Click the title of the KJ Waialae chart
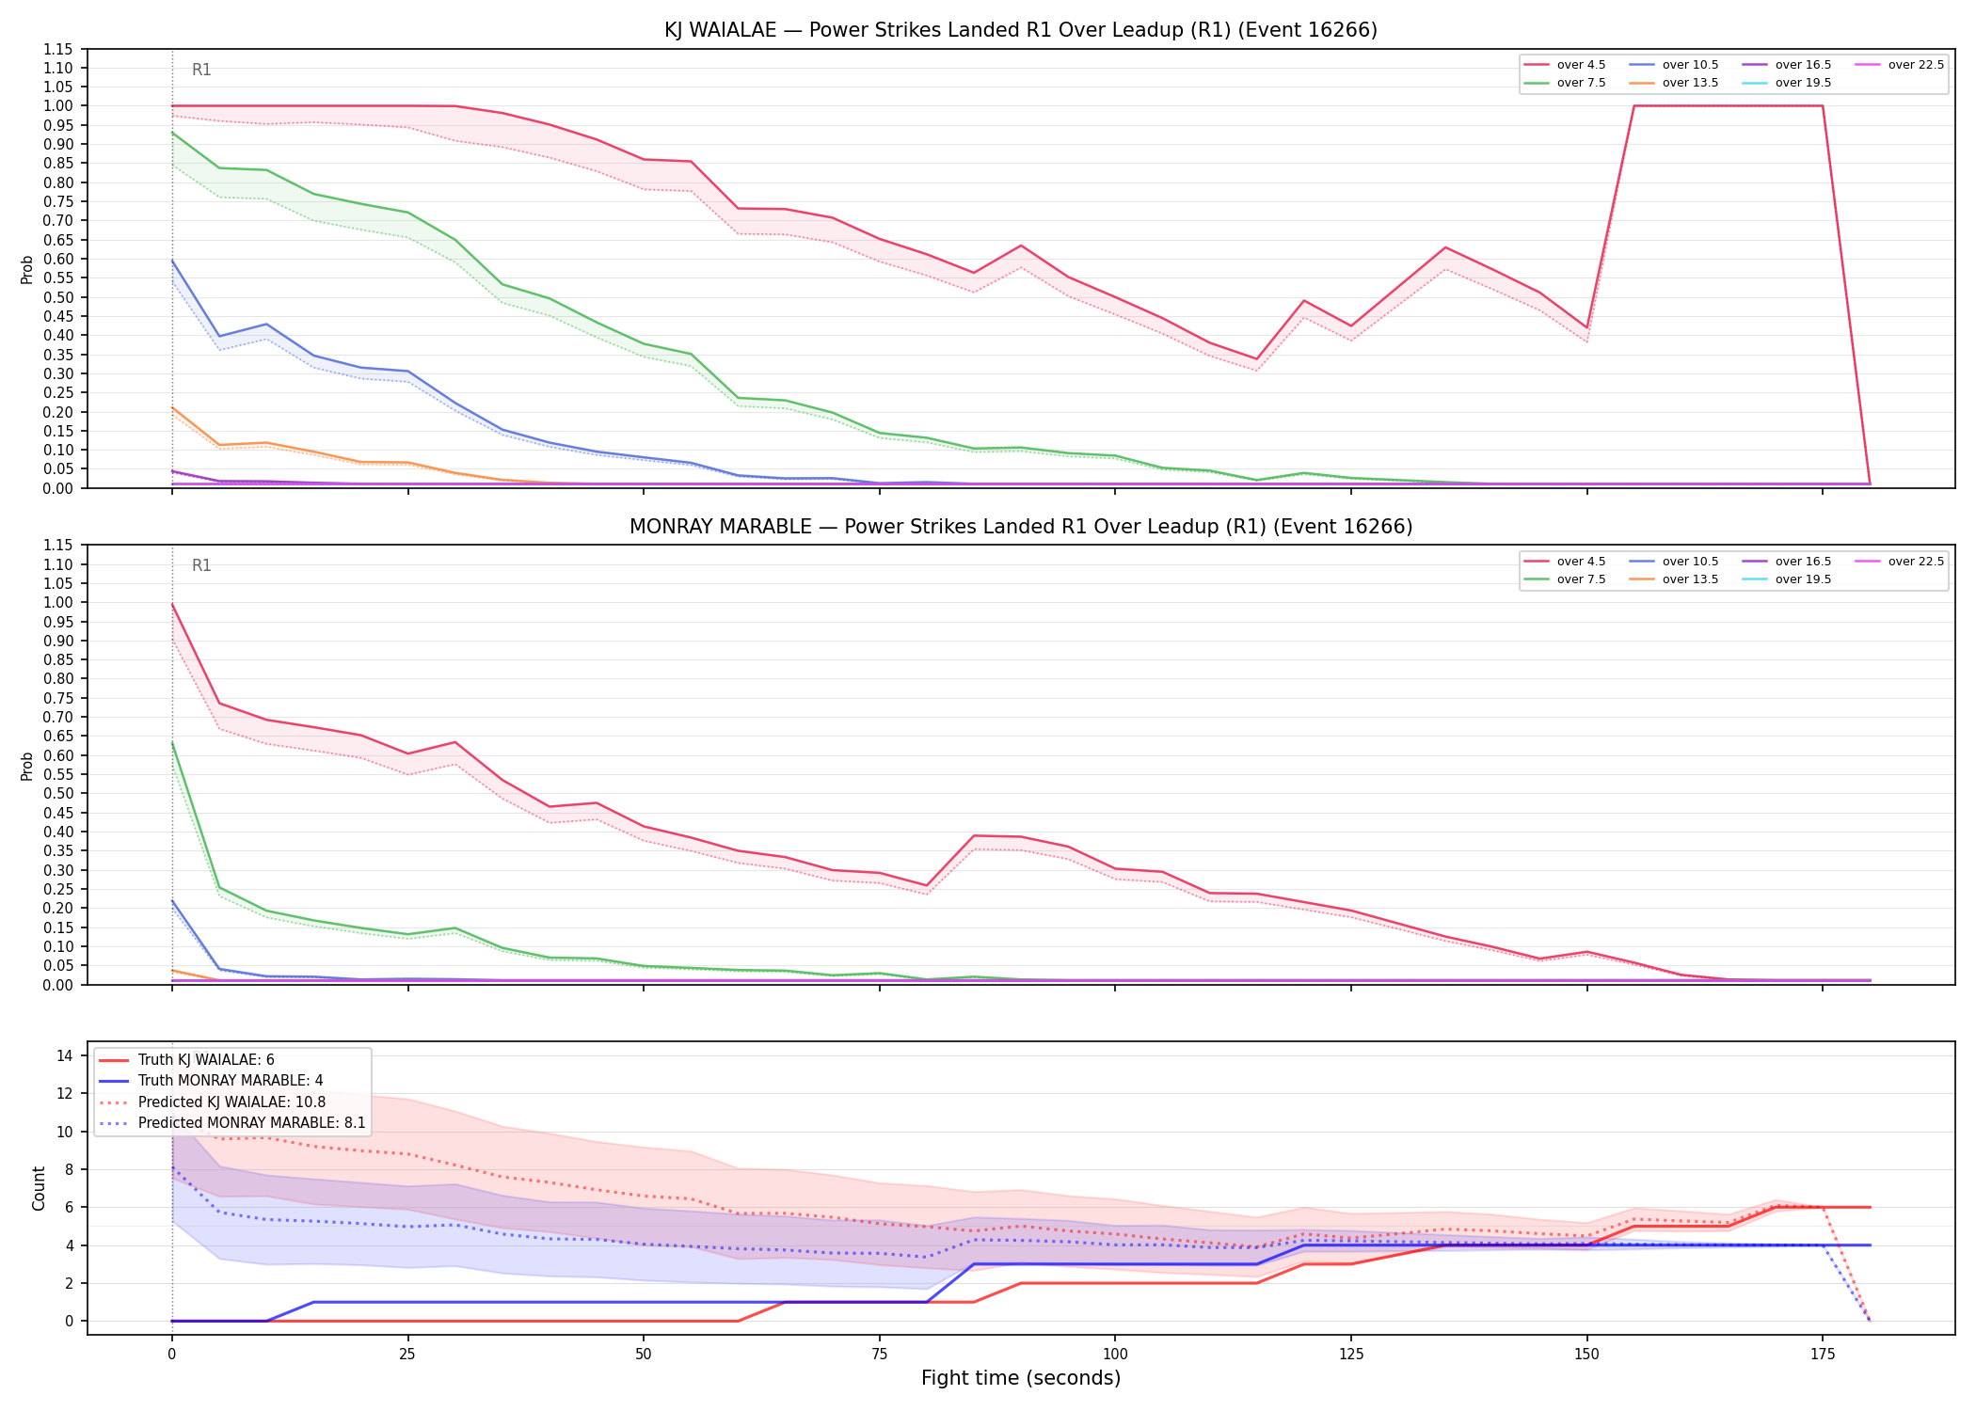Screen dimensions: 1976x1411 tap(1021, 30)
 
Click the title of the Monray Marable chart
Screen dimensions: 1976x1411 tap(1021, 527)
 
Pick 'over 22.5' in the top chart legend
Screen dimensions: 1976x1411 tap(1900, 65)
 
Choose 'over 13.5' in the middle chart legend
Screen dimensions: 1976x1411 tap(1674, 579)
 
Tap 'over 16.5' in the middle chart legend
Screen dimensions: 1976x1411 tap(1787, 562)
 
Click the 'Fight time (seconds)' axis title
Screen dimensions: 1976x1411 tap(1021, 1378)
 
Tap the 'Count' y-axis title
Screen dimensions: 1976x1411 tap(39, 1188)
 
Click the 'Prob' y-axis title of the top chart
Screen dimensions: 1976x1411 tap(27, 269)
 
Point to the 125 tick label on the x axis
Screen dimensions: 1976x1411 tap(1351, 1355)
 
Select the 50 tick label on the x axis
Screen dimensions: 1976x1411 tap(643, 1355)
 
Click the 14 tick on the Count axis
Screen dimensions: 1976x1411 tap(65, 1055)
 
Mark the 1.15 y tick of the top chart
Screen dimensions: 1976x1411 tap(58, 49)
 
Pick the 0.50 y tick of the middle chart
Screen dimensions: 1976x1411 tap(58, 793)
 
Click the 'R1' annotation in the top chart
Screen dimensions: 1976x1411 tap(201, 70)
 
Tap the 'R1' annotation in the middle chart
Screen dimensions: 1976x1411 tap(201, 565)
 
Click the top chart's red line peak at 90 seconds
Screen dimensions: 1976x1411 tap(1020, 246)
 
